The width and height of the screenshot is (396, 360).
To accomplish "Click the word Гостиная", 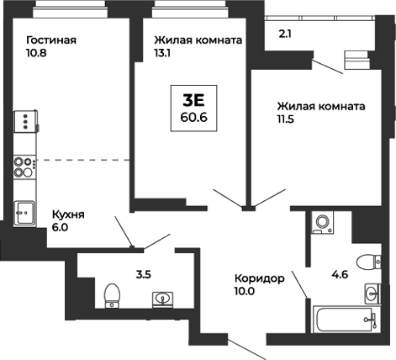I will [51, 40].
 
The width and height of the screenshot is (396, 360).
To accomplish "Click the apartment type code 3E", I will [193, 98].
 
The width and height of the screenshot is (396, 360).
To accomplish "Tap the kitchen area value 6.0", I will [62, 227].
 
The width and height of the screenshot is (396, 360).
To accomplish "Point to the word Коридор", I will [261, 278].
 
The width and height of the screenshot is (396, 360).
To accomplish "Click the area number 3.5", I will [120, 273].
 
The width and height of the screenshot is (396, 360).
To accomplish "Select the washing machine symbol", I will [321, 223].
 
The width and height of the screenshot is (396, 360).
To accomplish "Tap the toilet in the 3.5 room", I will [108, 295].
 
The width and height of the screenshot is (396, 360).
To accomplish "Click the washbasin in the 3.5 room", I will [162, 298].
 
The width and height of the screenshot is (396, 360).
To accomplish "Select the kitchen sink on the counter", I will [24, 210].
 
